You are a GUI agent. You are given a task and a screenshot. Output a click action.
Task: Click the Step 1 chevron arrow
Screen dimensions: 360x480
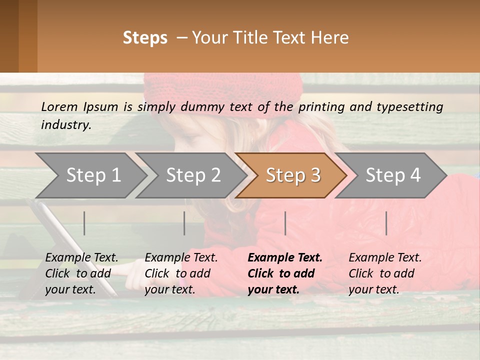[x=92, y=175]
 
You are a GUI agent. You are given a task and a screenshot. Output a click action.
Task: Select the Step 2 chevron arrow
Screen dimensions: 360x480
[x=192, y=175]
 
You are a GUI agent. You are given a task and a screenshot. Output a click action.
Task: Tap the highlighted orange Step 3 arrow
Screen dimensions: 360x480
[x=292, y=175]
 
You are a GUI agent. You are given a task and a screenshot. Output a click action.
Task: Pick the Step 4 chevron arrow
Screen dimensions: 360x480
[x=392, y=175]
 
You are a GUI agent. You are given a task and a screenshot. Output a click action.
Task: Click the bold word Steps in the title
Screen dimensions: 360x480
[x=145, y=38]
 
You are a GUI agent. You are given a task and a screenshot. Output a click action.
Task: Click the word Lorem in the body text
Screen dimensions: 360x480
[x=59, y=106]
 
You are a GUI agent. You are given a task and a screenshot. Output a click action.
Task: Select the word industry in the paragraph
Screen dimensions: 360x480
[x=65, y=124]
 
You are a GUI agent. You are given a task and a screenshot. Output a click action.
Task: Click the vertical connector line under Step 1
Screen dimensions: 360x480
[x=84, y=223]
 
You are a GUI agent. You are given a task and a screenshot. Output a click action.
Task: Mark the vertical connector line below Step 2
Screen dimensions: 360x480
[x=184, y=223]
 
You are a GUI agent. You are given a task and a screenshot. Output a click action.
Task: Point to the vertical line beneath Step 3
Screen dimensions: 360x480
[x=285, y=223]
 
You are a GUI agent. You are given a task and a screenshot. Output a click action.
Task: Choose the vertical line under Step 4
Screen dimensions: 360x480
[x=386, y=223]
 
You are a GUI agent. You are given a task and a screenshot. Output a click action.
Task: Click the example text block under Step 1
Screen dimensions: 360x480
[x=81, y=273]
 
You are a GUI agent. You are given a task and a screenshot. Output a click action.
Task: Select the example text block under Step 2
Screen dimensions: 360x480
[x=181, y=273]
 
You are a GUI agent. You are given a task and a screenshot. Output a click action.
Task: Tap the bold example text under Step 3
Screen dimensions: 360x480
[x=285, y=273]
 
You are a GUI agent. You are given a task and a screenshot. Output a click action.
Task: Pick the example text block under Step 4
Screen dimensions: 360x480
[x=385, y=273]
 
